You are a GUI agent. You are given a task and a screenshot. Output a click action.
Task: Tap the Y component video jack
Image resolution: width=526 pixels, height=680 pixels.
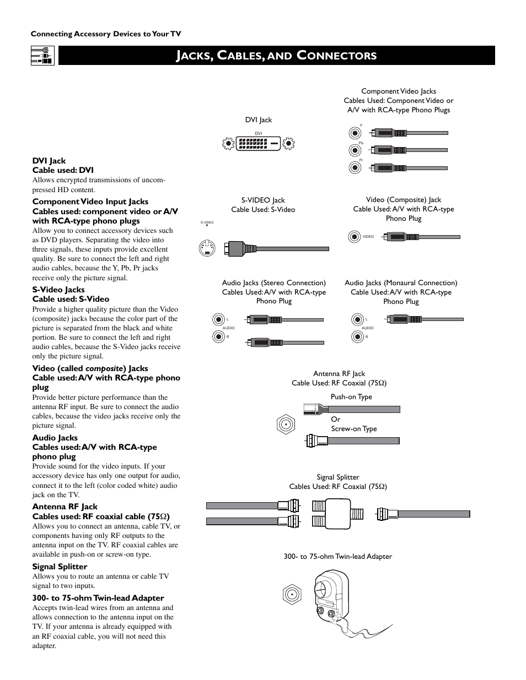click(355, 133)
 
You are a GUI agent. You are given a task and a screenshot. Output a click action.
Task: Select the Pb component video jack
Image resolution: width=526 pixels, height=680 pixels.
click(355, 150)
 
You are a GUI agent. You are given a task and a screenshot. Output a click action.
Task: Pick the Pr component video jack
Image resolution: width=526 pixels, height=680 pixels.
click(355, 168)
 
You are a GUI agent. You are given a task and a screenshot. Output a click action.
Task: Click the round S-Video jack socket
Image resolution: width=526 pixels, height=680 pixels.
click(207, 249)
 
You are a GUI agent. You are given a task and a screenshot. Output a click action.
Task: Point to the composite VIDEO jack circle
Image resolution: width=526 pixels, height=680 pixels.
click(355, 237)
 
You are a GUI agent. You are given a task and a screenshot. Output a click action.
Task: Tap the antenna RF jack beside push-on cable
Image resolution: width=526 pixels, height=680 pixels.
click(286, 425)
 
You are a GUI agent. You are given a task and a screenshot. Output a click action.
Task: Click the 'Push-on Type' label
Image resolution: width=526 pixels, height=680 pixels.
click(351, 397)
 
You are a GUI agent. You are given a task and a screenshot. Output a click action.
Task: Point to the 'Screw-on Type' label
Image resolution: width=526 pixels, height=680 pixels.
click(354, 429)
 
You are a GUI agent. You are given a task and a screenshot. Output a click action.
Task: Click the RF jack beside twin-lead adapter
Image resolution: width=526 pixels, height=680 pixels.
click(292, 595)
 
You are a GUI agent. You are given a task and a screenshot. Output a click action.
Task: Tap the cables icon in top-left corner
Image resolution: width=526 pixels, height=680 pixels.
click(42, 56)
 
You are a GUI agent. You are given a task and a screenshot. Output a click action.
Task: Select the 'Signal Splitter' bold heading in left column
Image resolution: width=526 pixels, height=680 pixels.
click(60, 567)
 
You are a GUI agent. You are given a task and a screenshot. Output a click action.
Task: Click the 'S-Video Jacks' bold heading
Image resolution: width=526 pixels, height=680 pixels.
click(58, 290)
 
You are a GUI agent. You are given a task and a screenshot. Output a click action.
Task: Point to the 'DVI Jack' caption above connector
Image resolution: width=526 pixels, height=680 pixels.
click(258, 120)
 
